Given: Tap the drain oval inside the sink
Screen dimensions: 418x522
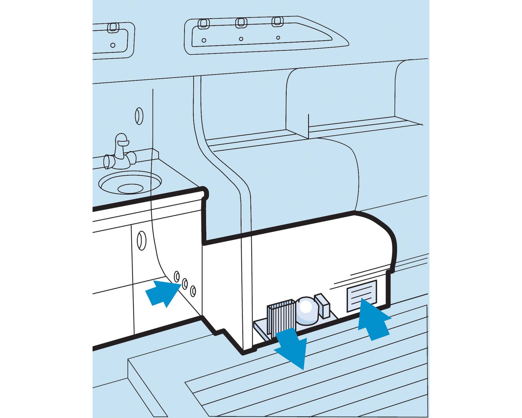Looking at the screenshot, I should pos(130,189).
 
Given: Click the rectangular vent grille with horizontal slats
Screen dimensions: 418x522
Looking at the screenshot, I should pos(362,295).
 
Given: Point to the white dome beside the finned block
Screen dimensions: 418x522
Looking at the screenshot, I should pos(306,310).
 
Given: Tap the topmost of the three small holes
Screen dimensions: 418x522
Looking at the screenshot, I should pos(177,276).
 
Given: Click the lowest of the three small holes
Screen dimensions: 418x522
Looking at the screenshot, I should pos(193,291).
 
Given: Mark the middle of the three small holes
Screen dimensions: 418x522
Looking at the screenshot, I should pos(185,283).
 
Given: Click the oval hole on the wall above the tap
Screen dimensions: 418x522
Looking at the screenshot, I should pos(139,116).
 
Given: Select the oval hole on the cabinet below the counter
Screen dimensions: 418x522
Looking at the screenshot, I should pos(141,240).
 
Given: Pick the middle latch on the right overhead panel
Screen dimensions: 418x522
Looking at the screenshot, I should pos(241,23).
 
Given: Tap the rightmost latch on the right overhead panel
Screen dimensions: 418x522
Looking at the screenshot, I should pos(277,21).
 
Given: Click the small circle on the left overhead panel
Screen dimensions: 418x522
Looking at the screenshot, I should pos(112,45).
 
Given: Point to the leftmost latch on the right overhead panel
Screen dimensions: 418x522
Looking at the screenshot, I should pos(204,24).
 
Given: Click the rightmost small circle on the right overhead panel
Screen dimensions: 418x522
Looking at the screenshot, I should pos(278,38).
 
